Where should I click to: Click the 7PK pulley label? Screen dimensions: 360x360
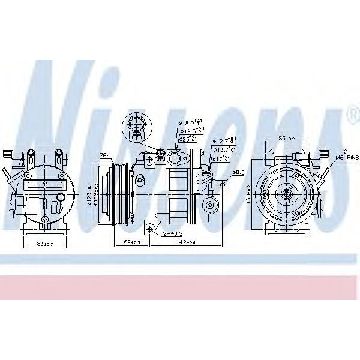pos(106,155)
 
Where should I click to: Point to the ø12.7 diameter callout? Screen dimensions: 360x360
pos(225,142)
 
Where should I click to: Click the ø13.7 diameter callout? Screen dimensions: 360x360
pos(225,149)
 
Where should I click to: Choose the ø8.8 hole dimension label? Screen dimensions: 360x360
pos(238,172)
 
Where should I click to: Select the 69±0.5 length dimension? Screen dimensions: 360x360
pos(131,242)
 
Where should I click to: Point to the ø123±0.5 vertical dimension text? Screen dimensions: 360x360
pos(89,193)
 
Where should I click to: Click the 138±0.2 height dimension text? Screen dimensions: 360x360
pos(247,193)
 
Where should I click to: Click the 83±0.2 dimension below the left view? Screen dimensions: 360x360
pos(45,244)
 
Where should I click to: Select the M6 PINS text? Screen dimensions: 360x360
pos(347,157)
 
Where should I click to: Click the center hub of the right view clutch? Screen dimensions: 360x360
pos(287,193)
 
